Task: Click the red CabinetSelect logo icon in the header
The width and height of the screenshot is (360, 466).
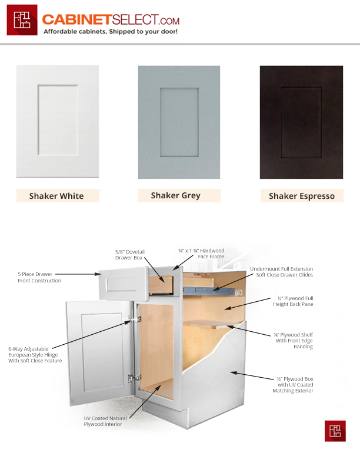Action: coord(22,20)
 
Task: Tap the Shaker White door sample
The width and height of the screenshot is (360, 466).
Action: coord(58,121)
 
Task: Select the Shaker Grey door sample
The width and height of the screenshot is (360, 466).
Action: coord(179,122)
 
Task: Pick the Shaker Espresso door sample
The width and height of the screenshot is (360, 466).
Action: coord(302,122)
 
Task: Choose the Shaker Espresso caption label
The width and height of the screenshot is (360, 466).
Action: coord(302,196)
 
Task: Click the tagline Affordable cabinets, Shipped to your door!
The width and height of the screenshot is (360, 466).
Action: coord(111,32)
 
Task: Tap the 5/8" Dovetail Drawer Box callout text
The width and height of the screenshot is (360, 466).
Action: coord(130,255)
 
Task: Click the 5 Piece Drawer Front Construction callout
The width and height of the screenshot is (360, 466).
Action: coord(39,277)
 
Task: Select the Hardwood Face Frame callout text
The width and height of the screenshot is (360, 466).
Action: coord(201,254)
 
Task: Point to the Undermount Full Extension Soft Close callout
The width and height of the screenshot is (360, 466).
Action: coord(281,272)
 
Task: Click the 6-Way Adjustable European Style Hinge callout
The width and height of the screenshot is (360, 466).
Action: coord(35,355)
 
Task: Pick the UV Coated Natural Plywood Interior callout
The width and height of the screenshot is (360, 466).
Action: coord(105,421)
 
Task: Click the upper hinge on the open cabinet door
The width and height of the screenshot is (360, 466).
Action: coord(134,319)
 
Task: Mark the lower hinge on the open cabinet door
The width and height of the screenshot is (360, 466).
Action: coord(134,378)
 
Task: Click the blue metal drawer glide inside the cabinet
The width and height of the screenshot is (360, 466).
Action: coord(212,291)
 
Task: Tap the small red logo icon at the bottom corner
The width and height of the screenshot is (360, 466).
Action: coord(335,431)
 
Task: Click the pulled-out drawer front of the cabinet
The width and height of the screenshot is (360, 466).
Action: coord(124,284)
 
